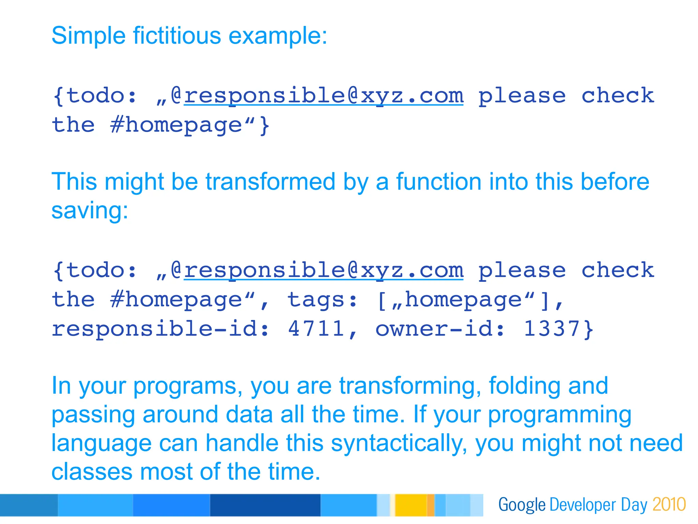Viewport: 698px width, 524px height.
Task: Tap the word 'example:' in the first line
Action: tap(278, 35)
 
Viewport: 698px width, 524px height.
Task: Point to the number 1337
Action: tap(552, 329)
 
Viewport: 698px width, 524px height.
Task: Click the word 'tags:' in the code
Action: tap(322, 300)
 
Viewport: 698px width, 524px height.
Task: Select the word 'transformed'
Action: tap(271, 181)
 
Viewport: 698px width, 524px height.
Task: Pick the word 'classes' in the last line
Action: tap(92, 472)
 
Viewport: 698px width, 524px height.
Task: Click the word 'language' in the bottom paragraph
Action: tap(101, 443)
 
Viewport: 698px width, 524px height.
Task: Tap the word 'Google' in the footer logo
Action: tap(522, 505)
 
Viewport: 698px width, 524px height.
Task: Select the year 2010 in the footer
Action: tap(669, 505)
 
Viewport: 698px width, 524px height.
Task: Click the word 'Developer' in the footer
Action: tap(581, 505)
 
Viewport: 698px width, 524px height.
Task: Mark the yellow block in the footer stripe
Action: tap(411, 505)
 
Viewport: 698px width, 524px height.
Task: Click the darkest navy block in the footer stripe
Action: tap(265, 505)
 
